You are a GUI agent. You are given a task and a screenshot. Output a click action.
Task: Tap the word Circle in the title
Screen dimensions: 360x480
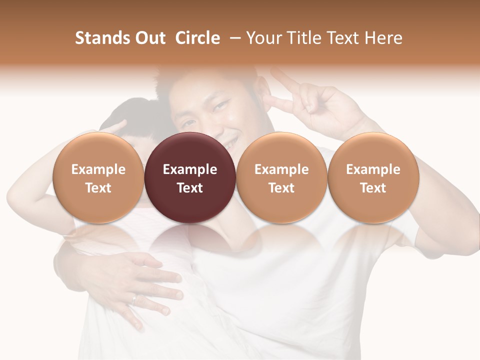(197, 38)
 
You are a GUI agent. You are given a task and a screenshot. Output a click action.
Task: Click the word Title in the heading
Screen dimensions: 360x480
(302, 38)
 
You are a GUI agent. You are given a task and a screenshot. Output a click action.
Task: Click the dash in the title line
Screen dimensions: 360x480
(233, 38)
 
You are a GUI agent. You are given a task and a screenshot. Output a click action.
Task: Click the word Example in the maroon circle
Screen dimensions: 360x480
(190, 169)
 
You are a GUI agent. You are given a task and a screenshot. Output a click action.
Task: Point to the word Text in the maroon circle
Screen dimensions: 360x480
(190, 188)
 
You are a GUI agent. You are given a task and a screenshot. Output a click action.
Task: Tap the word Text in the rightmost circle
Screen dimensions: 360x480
(373, 188)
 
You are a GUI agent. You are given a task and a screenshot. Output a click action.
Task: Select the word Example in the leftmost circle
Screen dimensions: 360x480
(98, 169)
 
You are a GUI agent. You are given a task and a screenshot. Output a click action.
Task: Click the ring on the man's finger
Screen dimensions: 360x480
(135, 299)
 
